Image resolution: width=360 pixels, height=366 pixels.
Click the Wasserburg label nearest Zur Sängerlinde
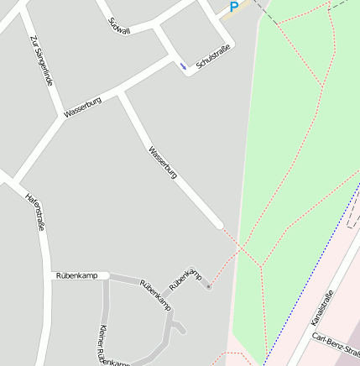[82, 107]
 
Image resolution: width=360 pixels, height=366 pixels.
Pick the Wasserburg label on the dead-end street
[163, 163]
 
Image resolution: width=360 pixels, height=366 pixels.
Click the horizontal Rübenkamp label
[76, 275]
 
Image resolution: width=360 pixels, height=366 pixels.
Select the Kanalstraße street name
[322, 308]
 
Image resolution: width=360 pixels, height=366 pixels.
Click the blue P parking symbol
[234, 7]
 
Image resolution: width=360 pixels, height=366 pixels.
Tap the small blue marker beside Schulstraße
[183, 65]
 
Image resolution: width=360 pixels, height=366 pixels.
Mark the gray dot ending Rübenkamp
[208, 287]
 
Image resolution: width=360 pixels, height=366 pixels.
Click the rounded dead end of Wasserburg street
[220, 224]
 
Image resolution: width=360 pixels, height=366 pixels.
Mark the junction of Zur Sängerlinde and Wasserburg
[62, 117]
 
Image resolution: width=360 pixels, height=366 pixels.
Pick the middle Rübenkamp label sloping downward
[155, 293]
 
